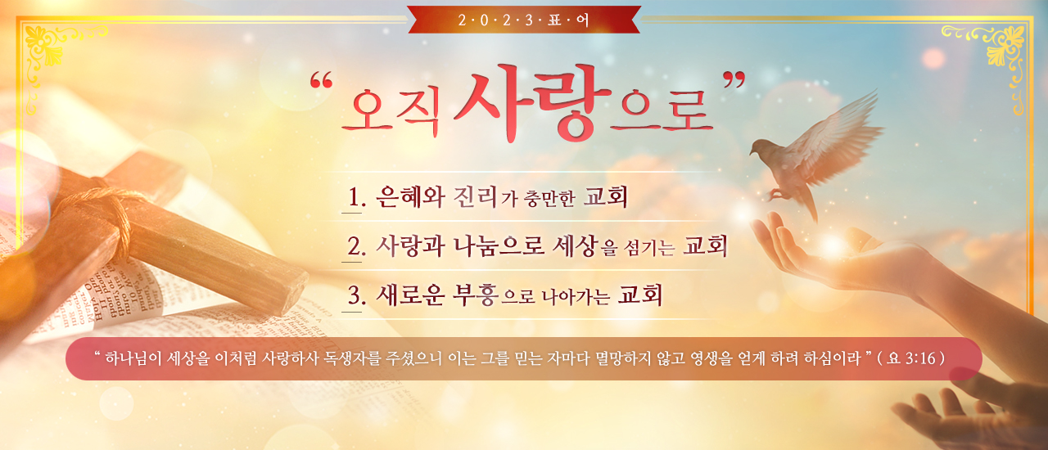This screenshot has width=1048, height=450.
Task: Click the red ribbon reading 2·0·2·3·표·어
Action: tap(524, 20)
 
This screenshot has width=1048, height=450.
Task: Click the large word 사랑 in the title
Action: tap(532, 103)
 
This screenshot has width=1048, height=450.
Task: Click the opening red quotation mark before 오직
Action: tap(321, 80)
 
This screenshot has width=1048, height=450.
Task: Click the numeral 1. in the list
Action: tap(356, 197)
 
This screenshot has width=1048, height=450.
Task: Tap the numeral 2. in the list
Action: tap(356, 246)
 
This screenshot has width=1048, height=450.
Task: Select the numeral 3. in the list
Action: tap(356, 295)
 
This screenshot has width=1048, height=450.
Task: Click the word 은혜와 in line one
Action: tap(410, 197)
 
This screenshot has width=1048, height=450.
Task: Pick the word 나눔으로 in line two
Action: tap(499, 246)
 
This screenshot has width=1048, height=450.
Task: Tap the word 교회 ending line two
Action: tap(705, 245)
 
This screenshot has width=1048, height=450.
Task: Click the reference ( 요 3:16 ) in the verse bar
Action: tap(911, 358)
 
